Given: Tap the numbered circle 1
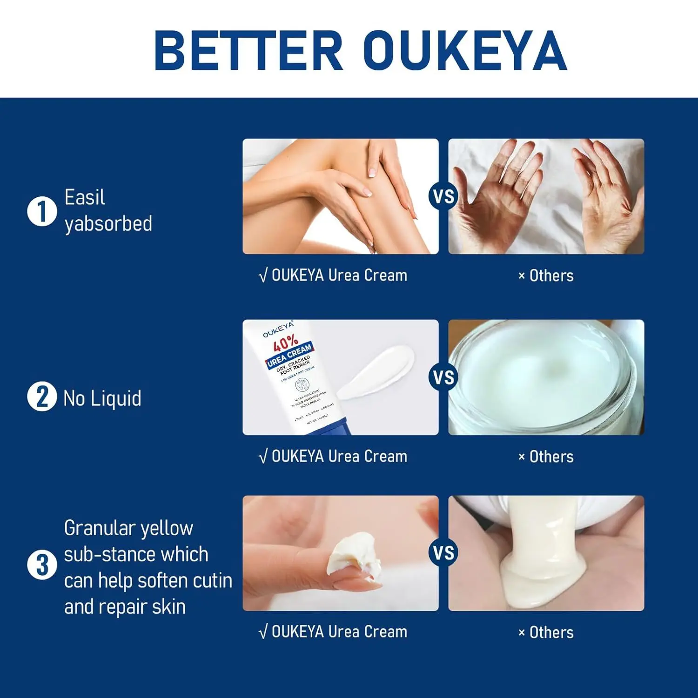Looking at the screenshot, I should point(42,211).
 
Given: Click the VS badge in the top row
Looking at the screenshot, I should point(443,196).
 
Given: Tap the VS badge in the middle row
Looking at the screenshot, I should point(443,377).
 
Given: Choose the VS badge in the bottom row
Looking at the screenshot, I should point(443,553).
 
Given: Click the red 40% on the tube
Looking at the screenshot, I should point(285,344).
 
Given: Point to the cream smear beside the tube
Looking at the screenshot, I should point(377,372).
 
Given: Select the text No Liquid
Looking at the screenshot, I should point(102,399).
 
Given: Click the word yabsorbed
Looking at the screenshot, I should point(108,224).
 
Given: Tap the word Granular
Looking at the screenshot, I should point(99,528).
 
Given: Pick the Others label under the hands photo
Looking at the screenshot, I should point(546,276).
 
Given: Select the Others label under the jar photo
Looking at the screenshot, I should point(546,457).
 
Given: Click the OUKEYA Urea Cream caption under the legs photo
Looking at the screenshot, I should point(333,275).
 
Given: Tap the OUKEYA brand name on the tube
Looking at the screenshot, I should point(278,329).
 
